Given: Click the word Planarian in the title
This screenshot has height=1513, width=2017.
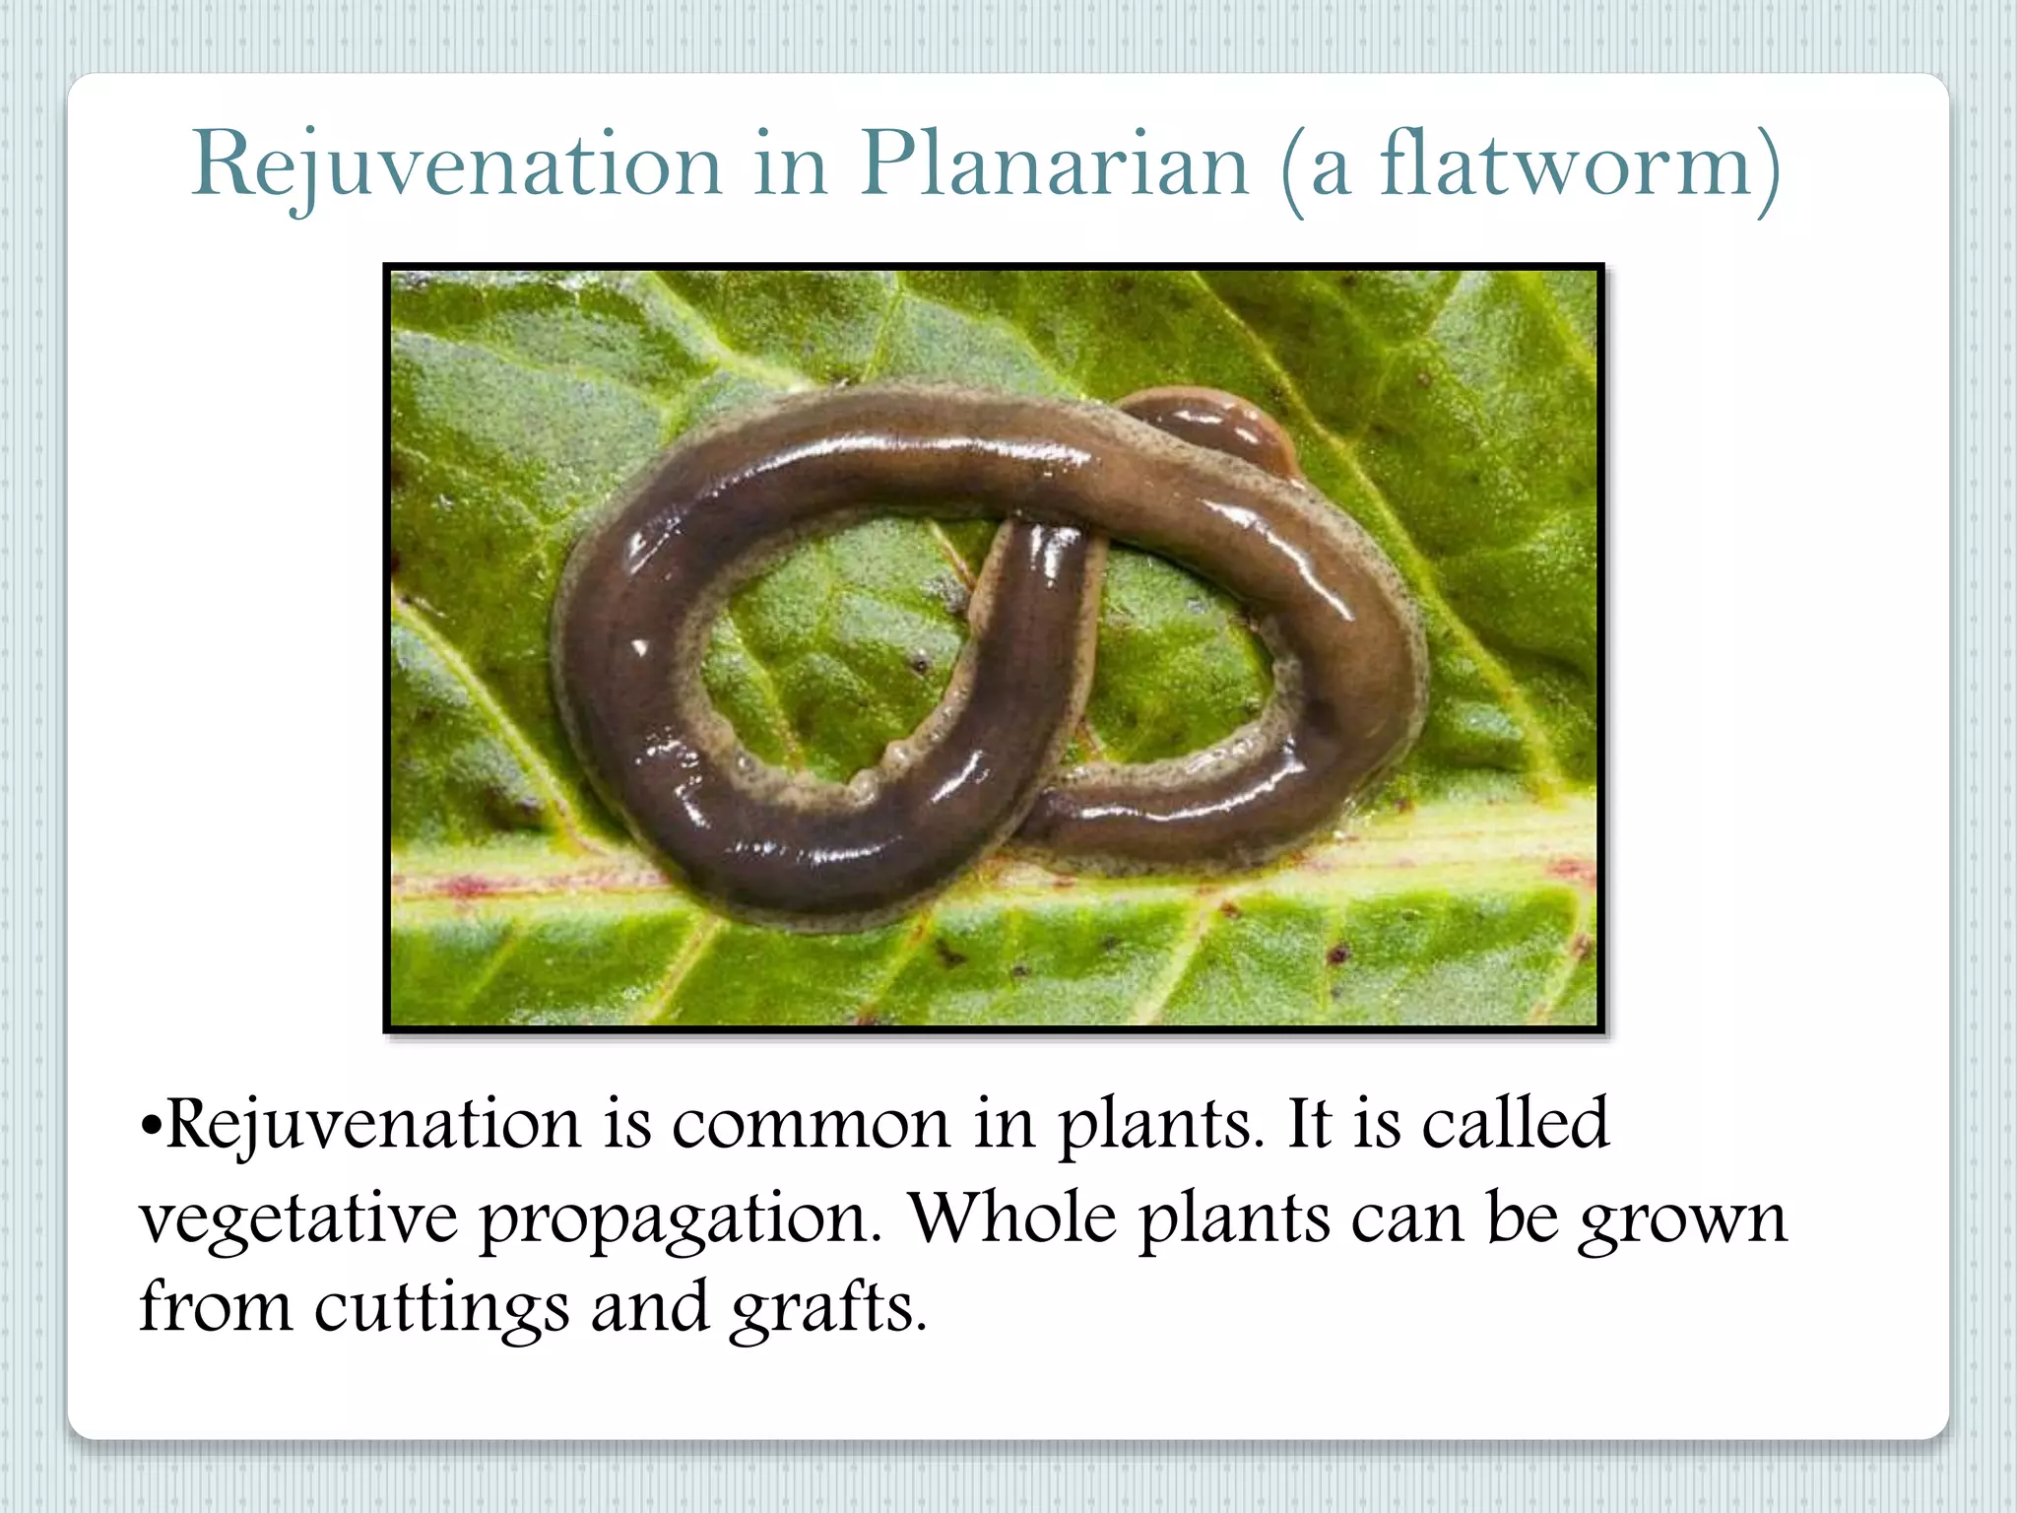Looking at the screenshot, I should point(1054,164).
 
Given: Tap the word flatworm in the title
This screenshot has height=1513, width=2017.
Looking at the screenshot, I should point(1565,164).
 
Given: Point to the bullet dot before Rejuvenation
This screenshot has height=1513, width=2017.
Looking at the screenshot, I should point(150,1125).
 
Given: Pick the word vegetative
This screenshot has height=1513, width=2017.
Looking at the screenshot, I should point(298,1219).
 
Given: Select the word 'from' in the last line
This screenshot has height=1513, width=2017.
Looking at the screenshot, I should point(216,1306).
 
